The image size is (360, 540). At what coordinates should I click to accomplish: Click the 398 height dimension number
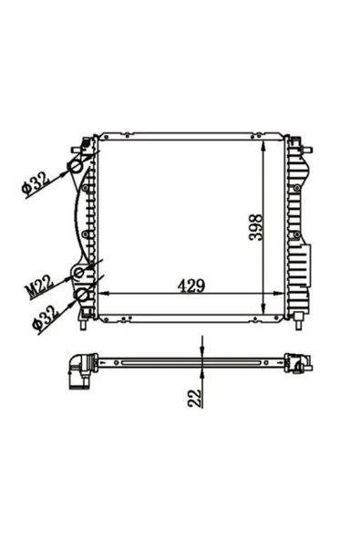256,227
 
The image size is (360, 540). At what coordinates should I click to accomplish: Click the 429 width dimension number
191,286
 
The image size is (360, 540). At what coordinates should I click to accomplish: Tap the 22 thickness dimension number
195,399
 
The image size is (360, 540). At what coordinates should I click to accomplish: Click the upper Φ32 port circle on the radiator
75,167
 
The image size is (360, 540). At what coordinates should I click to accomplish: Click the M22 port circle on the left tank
79,273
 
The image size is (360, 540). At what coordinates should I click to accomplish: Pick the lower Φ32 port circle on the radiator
82,295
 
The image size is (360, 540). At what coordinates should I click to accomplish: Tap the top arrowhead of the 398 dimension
263,146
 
